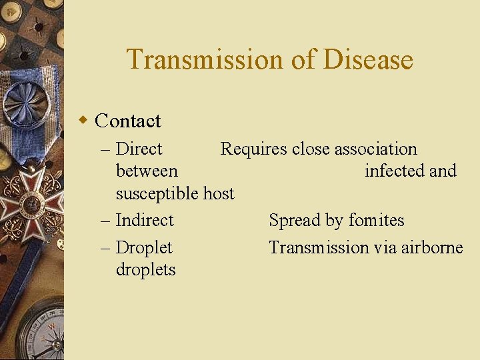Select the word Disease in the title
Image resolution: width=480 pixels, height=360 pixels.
(x=369, y=59)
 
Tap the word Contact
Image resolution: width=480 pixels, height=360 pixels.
(x=128, y=121)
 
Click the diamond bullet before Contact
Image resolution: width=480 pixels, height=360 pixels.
(x=83, y=120)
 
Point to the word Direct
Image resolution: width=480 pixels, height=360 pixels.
(x=139, y=149)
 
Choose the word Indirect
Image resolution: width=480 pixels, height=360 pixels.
(x=144, y=220)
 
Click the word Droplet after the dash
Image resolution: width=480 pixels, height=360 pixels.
(x=143, y=247)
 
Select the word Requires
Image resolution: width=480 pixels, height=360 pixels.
(x=253, y=149)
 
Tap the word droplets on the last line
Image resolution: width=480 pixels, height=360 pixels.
(x=145, y=269)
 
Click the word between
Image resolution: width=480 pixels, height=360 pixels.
(x=147, y=171)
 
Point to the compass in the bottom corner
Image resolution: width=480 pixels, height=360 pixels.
(x=40, y=333)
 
